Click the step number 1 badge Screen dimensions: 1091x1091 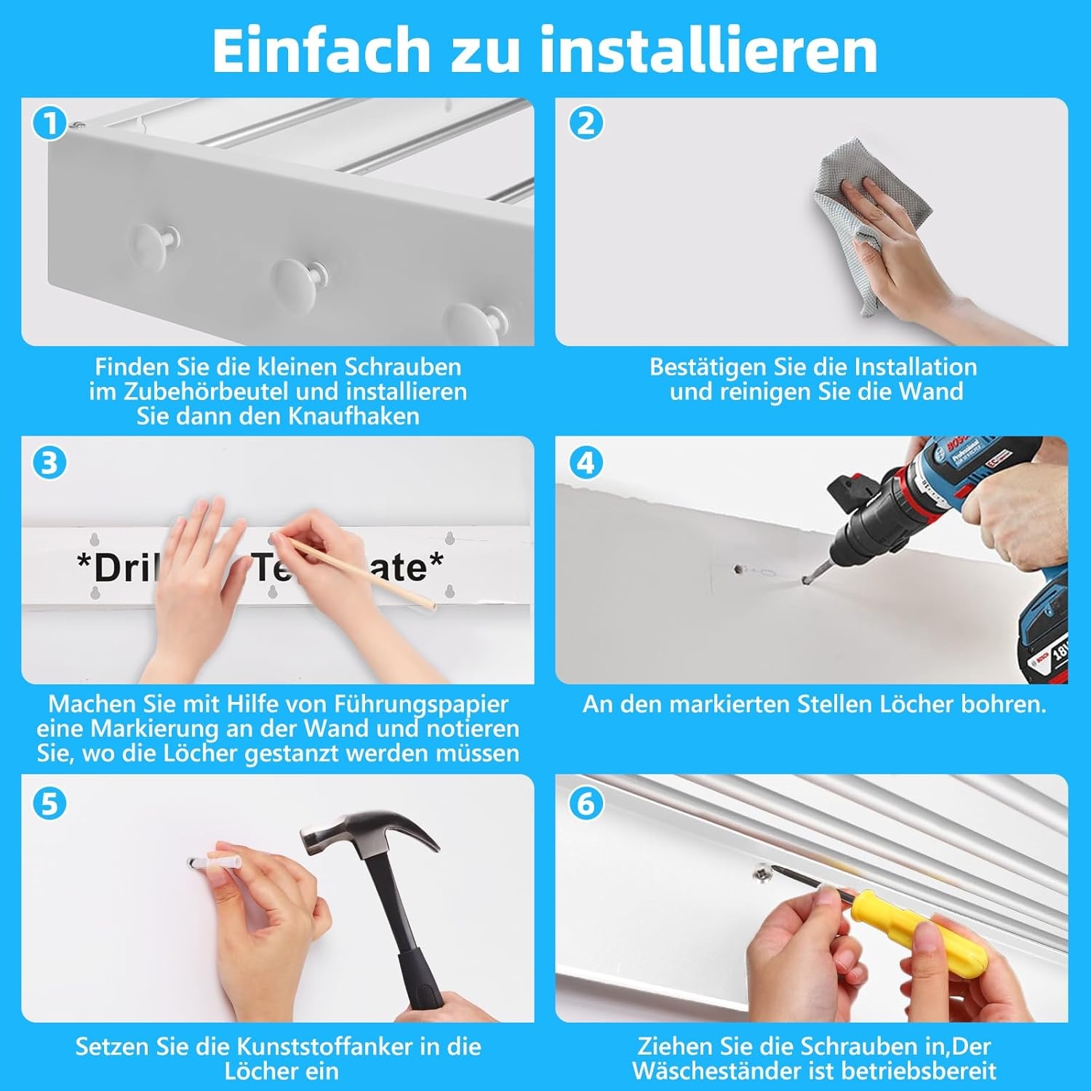50,124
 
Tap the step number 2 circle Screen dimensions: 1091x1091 586,124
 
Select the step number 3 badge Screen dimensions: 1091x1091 50,463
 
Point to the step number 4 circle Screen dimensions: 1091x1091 586,463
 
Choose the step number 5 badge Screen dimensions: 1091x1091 50,804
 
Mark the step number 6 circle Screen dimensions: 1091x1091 586,804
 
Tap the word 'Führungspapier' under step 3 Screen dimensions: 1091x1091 421,705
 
